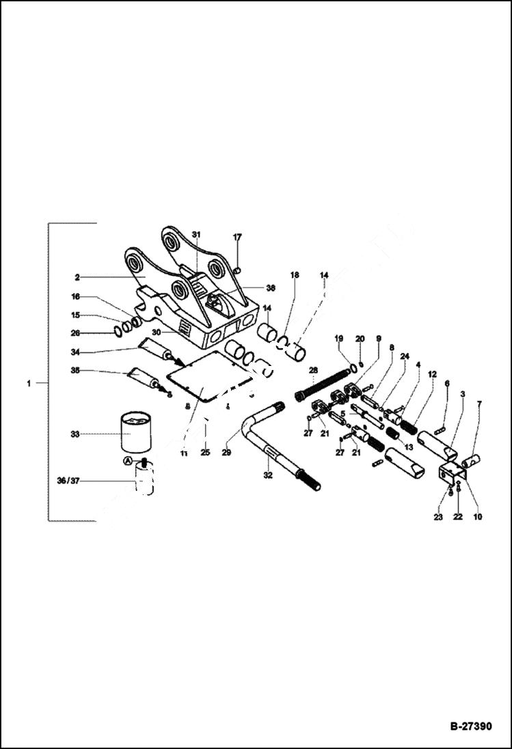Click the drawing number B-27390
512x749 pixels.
click(470, 726)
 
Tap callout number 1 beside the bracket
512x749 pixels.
click(29, 384)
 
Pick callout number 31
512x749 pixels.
click(196, 235)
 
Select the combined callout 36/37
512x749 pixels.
click(68, 481)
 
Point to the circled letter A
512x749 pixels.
click(127, 462)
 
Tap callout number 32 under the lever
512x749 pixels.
click(268, 475)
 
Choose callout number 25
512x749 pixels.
click(204, 452)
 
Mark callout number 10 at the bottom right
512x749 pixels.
click(478, 517)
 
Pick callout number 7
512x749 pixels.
click(479, 404)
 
